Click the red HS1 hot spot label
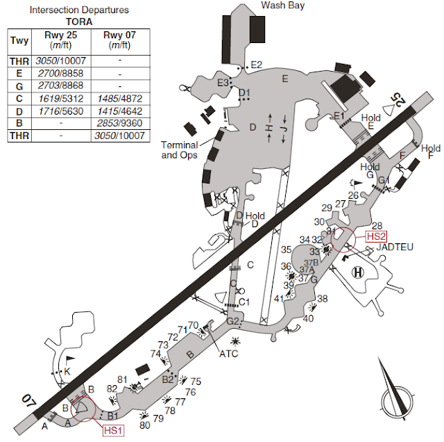coord(114,430)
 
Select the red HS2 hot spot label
coord(376,236)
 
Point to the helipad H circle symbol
coord(358,271)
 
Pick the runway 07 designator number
coord(27,401)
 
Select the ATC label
coord(228,354)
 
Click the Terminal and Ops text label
coord(179,150)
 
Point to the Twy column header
coord(17,40)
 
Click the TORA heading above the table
coord(79,22)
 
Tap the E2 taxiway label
coord(257,65)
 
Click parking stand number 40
coord(308,319)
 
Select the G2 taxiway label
coord(234,321)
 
